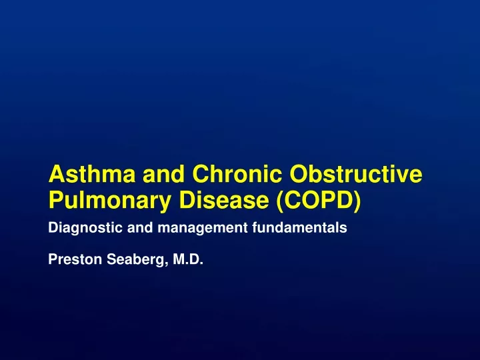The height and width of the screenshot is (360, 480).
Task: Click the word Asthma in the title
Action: tap(92, 174)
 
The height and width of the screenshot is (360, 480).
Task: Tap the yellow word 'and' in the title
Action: tap(164, 174)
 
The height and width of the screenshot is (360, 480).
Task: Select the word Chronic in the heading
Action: tap(237, 174)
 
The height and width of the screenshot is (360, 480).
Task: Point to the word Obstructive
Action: tap(356, 174)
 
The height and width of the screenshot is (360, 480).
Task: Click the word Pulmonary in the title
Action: tap(110, 201)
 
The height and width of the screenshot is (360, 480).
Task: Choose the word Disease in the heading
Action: tap(224, 200)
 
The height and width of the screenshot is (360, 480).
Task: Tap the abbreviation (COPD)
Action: tap(319, 201)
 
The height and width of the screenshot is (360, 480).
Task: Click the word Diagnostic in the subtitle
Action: tap(85, 228)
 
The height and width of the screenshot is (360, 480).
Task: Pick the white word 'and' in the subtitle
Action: tap(140, 227)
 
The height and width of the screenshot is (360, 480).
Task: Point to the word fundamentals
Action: tap(300, 227)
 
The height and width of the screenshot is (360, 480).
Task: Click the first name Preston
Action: tap(75, 259)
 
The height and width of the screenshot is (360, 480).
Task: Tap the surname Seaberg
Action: tap(135, 260)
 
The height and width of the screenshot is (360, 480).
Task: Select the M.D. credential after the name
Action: tap(188, 259)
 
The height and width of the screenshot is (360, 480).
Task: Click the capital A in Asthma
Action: tap(57, 174)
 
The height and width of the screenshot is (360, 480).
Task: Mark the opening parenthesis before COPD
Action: tap(279, 201)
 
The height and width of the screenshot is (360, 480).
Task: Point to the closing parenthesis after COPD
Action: tap(358, 201)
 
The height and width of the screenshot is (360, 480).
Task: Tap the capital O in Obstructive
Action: tap(299, 174)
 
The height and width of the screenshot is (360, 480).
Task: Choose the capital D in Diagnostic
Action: tap(53, 227)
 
